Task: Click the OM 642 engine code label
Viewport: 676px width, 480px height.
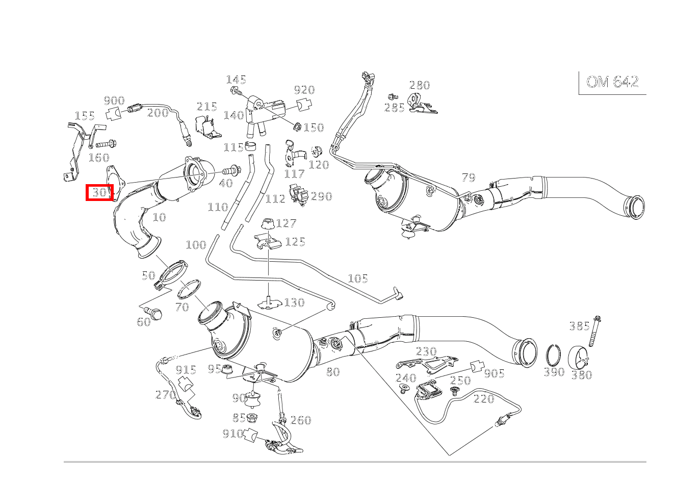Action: point(612,82)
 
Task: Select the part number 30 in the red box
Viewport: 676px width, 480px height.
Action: point(99,192)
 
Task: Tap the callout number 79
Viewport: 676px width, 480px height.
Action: point(468,178)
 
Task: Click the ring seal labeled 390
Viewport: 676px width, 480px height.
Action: point(554,355)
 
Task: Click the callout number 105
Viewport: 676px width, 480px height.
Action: point(357,278)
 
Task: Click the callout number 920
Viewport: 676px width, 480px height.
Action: point(304,90)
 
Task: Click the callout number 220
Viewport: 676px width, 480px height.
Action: point(483,398)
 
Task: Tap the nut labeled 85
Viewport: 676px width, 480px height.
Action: point(251,419)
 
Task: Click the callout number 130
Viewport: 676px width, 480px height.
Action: point(294,302)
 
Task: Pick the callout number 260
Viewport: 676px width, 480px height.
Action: point(300,420)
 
